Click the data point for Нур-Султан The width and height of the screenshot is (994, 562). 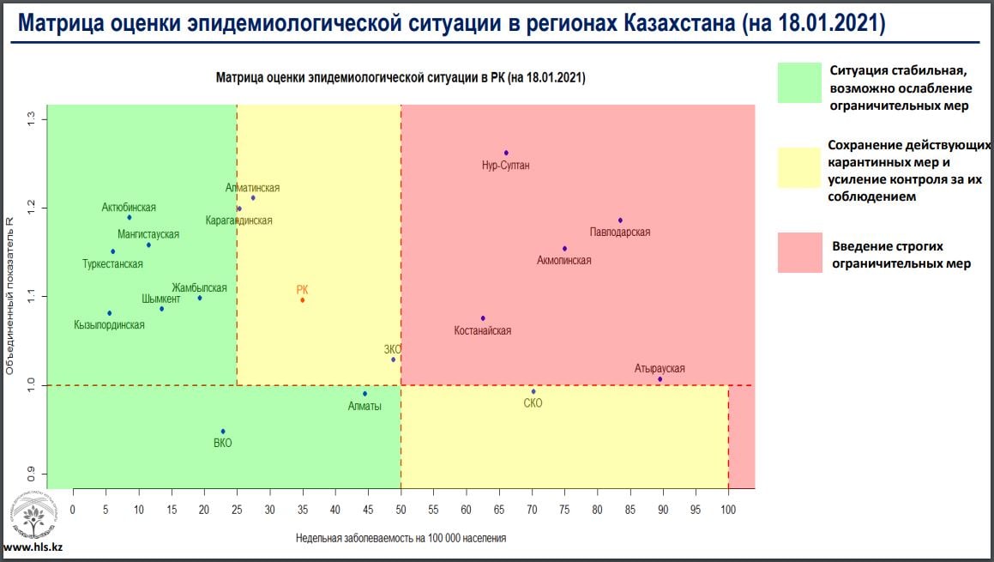pyautogui.click(x=506, y=153)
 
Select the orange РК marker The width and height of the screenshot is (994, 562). pyautogui.click(x=302, y=299)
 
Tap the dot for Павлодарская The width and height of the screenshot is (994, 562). pyautogui.click(x=620, y=221)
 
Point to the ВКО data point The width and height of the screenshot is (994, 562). pyautogui.click(x=223, y=431)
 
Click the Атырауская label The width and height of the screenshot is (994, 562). pyautogui.click(x=660, y=368)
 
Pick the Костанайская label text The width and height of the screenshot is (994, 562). pyautogui.click(x=483, y=330)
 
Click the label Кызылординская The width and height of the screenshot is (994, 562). pyautogui.click(x=110, y=325)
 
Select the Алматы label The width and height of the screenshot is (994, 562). pyautogui.click(x=364, y=406)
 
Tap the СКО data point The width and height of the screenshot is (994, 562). pyautogui.click(x=533, y=391)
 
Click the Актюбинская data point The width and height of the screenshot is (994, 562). pyautogui.click(x=130, y=217)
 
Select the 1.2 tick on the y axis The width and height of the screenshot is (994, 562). pyautogui.click(x=32, y=208)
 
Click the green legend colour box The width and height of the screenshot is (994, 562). pyautogui.click(x=799, y=82)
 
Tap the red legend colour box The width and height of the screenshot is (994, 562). pyautogui.click(x=799, y=252)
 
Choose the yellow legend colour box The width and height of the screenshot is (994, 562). pyautogui.click(x=799, y=166)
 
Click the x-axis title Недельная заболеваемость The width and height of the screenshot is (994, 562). pyautogui.click(x=401, y=539)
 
